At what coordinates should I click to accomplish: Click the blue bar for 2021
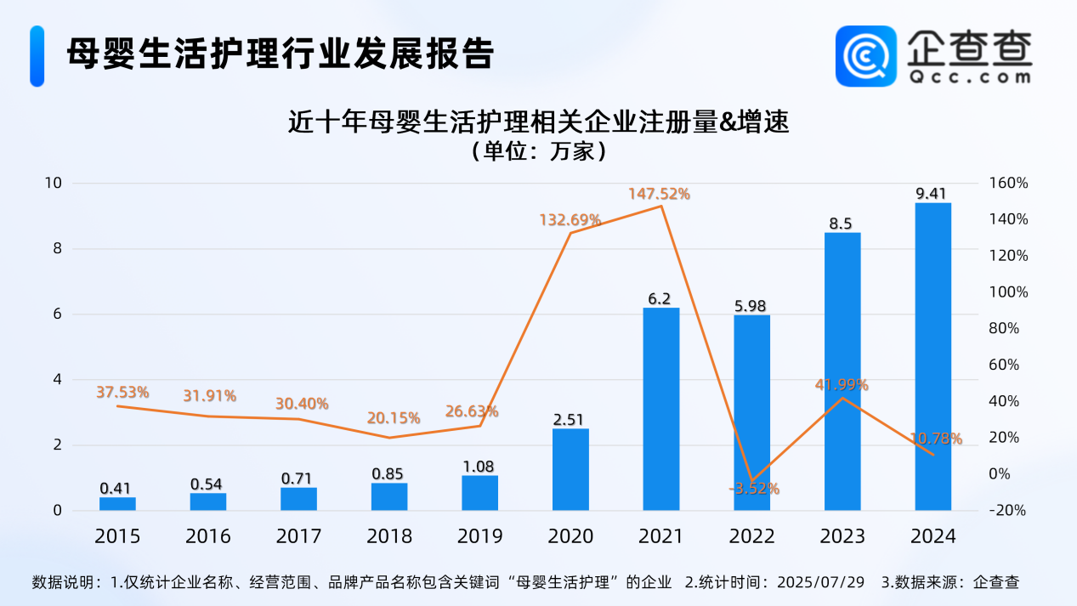point(660,409)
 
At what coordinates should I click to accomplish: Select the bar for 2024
point(932,357)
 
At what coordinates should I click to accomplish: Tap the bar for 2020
point(570,469)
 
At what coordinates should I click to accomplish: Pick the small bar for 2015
point(117,504)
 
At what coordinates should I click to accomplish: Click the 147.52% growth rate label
point(660,194)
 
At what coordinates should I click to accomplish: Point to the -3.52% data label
point(754,489)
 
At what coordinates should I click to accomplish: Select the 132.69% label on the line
point(570,220)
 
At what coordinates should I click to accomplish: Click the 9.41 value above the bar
point(932,194)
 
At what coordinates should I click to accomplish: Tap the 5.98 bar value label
point(751,306)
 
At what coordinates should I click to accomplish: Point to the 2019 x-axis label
point(479,536)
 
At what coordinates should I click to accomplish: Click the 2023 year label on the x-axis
point(842,536)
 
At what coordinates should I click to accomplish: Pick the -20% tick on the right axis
point(1009,510)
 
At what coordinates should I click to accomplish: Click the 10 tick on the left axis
point(53,183)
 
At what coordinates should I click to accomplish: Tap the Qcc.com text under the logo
point(969,76)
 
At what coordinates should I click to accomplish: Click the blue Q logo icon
point(866,56)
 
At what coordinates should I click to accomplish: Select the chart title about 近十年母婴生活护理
point(539,123)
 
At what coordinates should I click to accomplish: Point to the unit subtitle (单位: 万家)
point(539,152)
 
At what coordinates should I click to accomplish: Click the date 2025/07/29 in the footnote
point(822,583)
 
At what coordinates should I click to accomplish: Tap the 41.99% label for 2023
point(842,384)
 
